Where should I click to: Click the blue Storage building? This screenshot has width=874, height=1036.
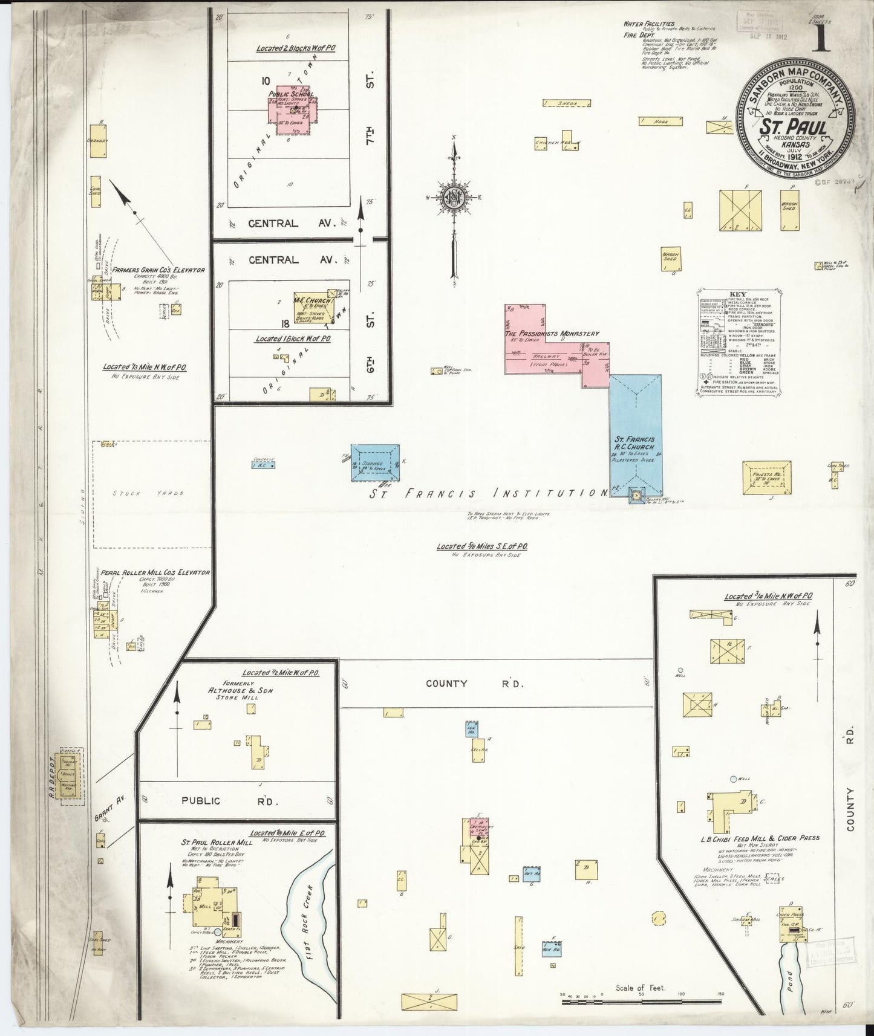376,462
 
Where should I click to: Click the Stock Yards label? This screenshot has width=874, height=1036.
148,493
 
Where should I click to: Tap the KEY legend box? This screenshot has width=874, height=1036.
730,342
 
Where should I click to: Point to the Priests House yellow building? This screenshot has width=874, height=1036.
768,478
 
